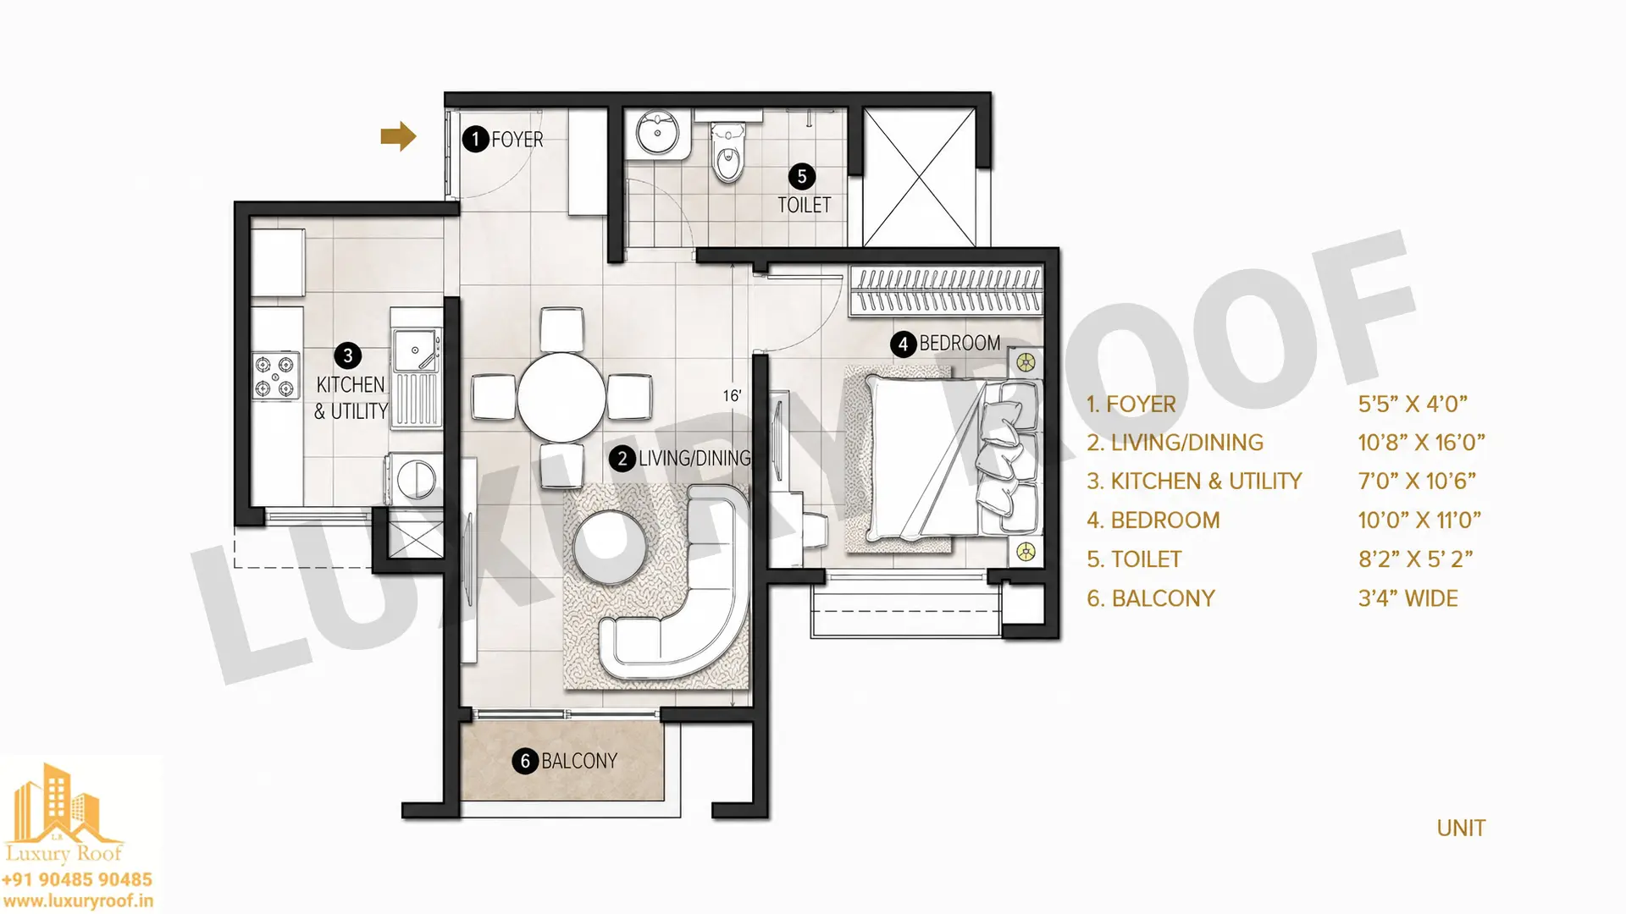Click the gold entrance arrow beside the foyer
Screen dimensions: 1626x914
tap(398, 136)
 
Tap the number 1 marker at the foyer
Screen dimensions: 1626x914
tap(475, 139)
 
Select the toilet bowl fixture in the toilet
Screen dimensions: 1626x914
tap(727, 152)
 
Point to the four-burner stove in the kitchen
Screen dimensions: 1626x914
tap(276, 377)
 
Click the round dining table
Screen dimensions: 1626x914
tap(561, 397)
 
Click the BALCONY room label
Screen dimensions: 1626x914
tap(579, 761)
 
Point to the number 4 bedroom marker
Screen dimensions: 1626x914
tap(903, 344)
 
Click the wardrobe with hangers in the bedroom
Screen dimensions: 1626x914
tap(946, 292)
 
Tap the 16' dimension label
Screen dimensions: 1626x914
tap(732, 395)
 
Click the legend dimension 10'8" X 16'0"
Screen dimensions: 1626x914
tap(1422, 443)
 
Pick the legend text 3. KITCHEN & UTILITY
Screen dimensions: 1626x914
tap(1194, 481)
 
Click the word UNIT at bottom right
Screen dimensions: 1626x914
tap(1461, 828)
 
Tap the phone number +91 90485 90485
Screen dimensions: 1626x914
tap(77, 879)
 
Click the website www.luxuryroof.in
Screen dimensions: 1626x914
tap(78, 901)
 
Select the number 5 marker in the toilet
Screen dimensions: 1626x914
tap(802, 177)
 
